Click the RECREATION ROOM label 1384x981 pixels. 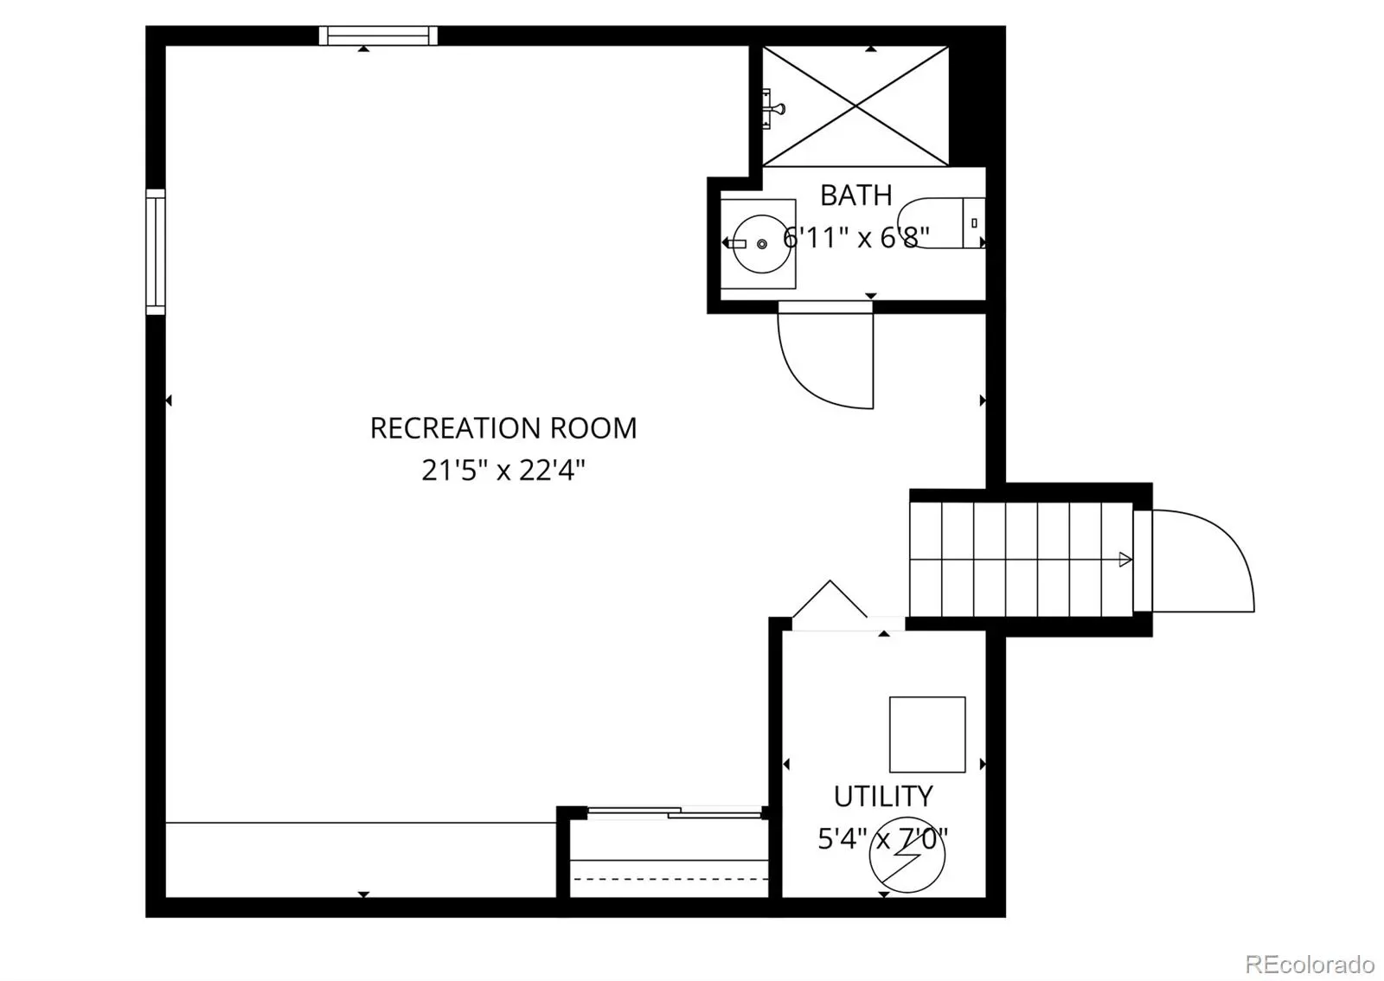pos(503,428)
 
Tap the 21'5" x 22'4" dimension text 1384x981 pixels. pos(503,471)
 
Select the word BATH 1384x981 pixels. pos(855,196)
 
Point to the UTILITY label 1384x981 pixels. pos(883,797)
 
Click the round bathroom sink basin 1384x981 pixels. pos(762,244)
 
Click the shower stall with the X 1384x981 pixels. pos(855,106)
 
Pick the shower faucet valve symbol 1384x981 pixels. pos(772,109)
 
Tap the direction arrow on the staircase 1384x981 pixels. pos(1124,560)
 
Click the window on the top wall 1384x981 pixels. pos(378,35)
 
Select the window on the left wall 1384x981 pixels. pos(156,252)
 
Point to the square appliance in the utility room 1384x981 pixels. pos(927,734)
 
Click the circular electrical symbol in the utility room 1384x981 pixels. pos(907,856)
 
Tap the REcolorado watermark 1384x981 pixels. pos(1310,963)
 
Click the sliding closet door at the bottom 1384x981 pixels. pos(675,813)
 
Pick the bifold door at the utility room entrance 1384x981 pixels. pos(830,599)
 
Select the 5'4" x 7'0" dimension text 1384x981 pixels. pos(883,839)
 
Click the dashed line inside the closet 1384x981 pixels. pos(669,878)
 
